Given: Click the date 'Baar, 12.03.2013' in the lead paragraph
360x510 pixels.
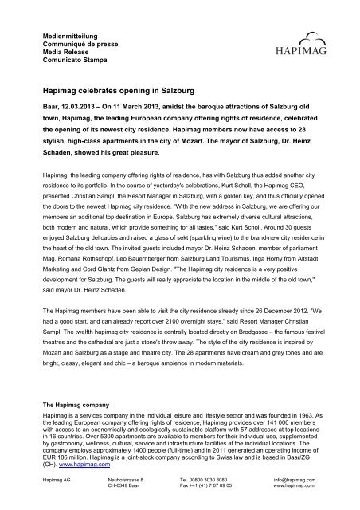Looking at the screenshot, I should (74, 116).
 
